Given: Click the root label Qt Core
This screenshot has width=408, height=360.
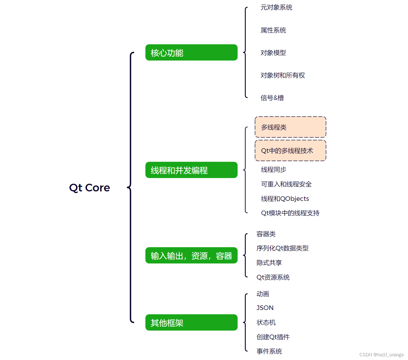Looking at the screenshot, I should pos(89,188).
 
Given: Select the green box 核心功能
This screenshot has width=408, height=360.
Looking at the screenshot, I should pos(191,53).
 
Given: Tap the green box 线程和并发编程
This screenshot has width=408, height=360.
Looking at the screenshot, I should pos(191,170).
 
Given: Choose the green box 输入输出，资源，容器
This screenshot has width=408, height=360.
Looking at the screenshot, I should pos(191,255).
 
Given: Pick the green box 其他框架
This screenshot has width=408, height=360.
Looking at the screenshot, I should pos(191,323).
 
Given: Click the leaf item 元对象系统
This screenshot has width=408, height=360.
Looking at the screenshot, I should pos(276,7).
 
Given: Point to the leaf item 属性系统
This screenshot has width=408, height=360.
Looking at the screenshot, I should pos(273,30).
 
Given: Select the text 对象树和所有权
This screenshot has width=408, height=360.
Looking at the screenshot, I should pos(283,75).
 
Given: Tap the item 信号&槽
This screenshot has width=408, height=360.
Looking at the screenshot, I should pos(272,98).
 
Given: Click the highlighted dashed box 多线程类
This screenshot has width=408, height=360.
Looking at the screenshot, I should pos(290,127).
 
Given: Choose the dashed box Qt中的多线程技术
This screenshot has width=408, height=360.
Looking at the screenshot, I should pos(290,151).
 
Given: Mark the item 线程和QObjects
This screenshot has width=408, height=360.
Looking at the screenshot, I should pos(285,199).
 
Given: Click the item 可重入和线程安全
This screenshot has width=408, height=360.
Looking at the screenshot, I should pos(286,184).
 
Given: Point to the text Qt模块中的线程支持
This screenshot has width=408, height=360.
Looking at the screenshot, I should pos(290,213).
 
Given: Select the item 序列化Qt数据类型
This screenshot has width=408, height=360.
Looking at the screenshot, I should pos(282,248).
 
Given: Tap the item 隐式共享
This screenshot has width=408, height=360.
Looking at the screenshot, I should pos(269,263).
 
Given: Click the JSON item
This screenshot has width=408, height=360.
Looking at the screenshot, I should pos(265,308).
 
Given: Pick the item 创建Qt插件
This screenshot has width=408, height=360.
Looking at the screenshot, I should pos(273,337).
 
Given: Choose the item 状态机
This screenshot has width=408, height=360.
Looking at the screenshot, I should pos(266,323).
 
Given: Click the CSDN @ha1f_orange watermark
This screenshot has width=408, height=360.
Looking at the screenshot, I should pos(381,355).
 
